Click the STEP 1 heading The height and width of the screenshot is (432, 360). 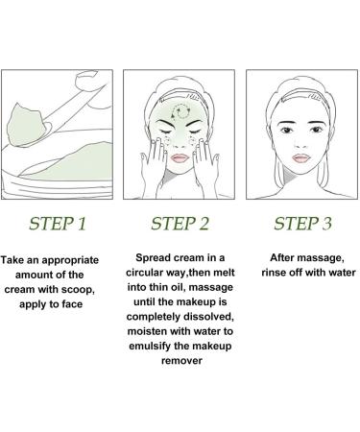59,226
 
